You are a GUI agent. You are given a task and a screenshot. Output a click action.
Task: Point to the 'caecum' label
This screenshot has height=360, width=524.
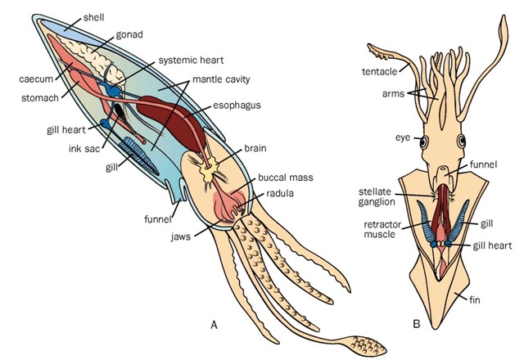click(35, 80)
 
